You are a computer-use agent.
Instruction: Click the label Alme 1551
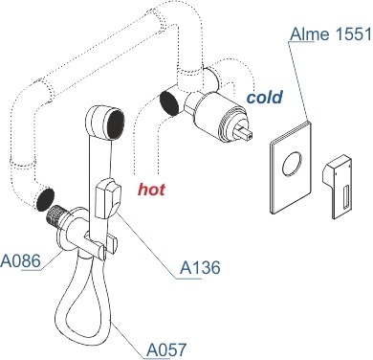331,34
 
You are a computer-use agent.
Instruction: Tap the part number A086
21,260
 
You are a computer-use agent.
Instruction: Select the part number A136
200,267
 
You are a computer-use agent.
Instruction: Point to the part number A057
165,349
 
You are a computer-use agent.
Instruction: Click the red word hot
151,190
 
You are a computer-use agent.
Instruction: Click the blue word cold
265,98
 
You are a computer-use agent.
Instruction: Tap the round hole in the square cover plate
292,164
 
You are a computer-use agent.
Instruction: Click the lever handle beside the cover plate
339,187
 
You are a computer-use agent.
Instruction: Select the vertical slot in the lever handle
345,198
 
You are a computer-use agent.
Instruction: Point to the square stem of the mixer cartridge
245,132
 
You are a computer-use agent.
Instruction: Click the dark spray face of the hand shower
115,124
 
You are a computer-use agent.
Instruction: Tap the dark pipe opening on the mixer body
169,102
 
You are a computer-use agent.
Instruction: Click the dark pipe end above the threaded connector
45,200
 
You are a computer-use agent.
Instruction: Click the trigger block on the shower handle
108,198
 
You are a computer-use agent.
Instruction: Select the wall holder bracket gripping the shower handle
100,243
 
